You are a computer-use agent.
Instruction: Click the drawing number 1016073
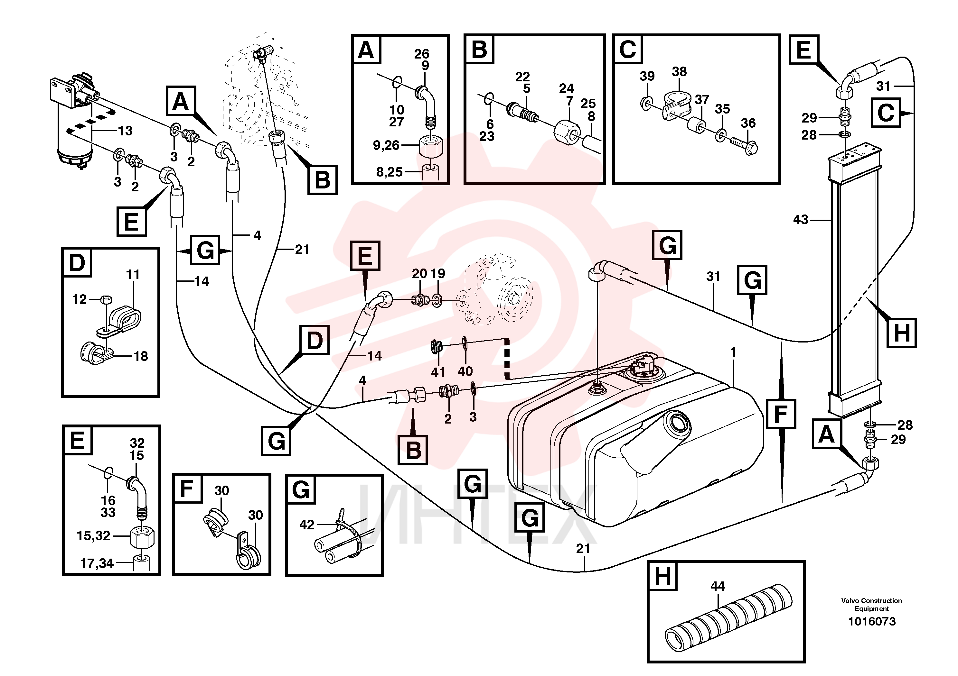click(x=872, y=621)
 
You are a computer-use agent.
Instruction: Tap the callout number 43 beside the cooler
click(x=801, y=220)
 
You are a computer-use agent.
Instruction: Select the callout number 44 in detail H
click(x=718, y=586)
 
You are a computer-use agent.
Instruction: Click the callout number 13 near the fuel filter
click(x=125, y=131)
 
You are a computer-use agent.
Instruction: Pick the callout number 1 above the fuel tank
click(x=733, y=352)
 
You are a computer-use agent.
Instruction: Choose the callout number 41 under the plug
click(x=438, y=372)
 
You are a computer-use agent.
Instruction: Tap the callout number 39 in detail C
click(x=647, y=76)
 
